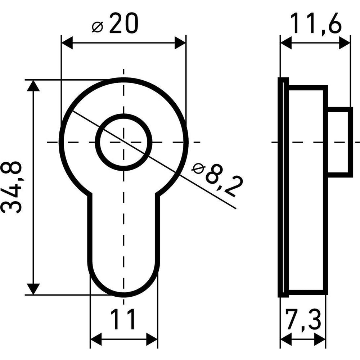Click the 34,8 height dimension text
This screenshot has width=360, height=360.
point(12,187)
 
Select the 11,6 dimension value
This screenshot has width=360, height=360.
point(316,23)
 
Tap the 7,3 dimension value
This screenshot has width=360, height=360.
point(303,320)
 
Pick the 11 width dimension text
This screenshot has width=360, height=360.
point(123,319)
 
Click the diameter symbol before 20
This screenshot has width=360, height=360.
point(98,27)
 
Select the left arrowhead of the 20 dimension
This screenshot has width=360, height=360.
point(67,43)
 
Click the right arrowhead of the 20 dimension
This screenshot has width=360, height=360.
point(180,43)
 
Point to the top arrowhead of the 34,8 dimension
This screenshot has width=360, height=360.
point(33,85)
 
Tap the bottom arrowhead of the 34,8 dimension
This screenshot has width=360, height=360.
point(33,289)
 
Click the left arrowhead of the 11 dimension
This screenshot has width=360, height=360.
point(96,339)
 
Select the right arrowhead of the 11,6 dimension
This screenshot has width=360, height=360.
point(345,43)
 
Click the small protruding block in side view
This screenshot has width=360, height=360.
point(340,142)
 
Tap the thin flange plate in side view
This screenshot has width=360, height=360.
point(283,187)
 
